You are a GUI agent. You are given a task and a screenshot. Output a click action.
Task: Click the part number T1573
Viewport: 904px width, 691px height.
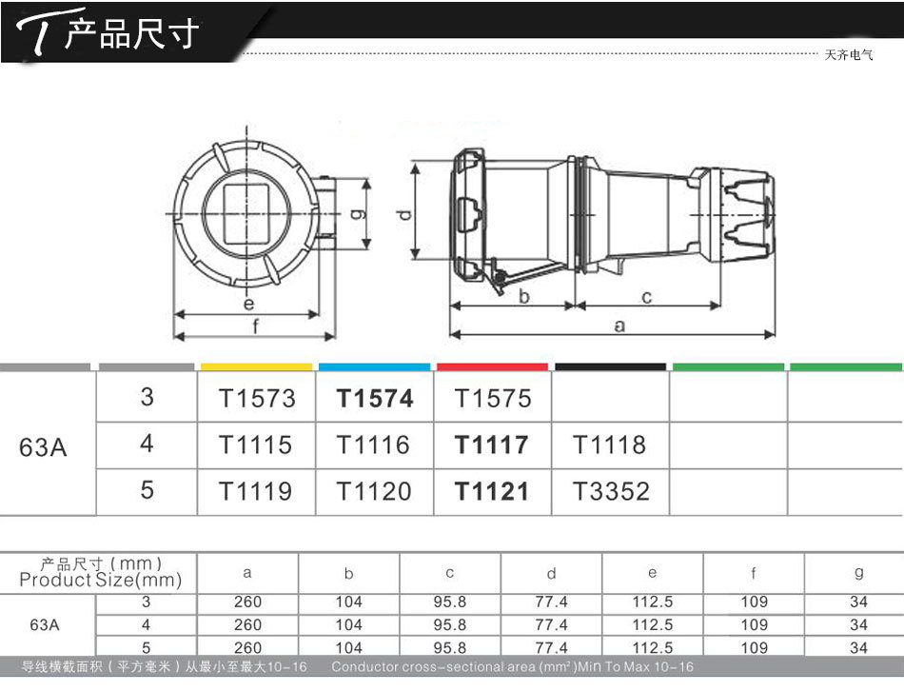[257, 399]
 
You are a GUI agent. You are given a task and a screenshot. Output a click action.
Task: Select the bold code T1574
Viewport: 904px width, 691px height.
[375, 399]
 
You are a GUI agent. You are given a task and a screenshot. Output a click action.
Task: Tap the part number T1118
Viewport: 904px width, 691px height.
[609, 444]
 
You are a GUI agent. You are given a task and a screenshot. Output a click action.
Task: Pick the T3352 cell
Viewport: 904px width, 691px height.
[611, 491]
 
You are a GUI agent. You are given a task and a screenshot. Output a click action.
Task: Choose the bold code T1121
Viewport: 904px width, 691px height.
[492, 491]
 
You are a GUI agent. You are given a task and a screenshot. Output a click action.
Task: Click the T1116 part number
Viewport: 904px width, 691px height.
[373, 444]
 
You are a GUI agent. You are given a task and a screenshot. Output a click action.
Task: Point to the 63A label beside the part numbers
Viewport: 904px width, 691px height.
[43, 447]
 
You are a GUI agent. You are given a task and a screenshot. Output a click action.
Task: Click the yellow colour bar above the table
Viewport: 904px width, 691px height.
[257, 366]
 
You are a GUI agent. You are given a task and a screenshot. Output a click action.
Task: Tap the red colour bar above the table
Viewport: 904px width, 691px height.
[492, 366]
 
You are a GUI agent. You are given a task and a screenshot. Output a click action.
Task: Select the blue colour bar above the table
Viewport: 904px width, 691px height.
[375, 366]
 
